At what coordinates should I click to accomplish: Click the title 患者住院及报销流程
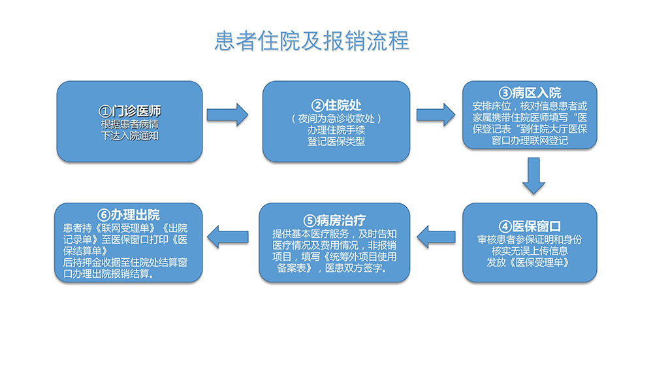pos(311,41)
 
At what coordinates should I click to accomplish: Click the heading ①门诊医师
pos(129,111)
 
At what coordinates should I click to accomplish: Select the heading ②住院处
pos(336,105)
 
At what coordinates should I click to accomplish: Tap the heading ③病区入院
pos(530,93)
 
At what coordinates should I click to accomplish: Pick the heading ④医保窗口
pos(530,226)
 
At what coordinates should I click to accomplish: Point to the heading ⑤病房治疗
pos(334,220)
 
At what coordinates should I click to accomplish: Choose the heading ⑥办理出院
pos(129,214)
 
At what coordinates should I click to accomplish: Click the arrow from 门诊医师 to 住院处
pos(227,114)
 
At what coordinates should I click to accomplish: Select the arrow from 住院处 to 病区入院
pos(436,114)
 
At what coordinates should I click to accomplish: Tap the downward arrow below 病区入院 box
pos(534,175)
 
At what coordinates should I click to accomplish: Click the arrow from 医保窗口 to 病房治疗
pos(436,237)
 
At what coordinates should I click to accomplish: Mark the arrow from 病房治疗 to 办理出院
pos(228,237)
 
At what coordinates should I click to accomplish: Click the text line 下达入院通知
pos(129,136)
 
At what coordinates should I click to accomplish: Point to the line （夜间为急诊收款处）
pos(336,119)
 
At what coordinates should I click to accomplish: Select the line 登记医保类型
pos(336,142)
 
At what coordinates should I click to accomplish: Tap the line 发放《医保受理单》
pos(528,263)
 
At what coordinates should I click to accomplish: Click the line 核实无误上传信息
pos(530,251)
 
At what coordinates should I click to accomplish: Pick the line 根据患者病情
pos(129,124)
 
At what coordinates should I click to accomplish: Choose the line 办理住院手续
pos(336,130)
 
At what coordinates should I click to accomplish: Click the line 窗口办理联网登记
pos(530,141)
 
